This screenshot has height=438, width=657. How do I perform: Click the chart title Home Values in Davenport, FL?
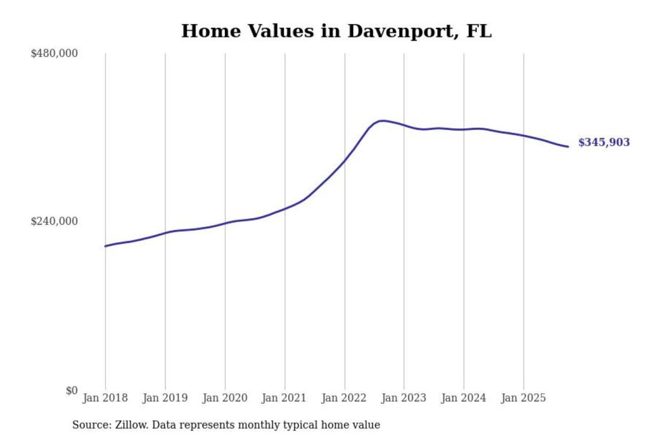[x=336, y=31]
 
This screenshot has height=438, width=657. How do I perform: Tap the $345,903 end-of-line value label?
[x=604, y=142]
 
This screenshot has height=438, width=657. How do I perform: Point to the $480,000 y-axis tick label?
[x=54, y=53]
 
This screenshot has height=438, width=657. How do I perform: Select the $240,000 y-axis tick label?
[x=54, y=221]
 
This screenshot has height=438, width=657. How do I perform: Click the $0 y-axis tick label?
[x=72, y=391]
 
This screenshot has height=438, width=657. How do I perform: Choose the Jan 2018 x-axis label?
[x=105, y=398]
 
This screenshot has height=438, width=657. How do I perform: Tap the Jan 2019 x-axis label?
[x=165, y=398]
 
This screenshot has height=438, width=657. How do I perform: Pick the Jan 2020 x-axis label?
[x=224, y=398]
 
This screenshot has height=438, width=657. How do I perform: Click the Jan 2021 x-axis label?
[x=284, y=398]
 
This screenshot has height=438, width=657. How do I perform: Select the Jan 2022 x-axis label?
[x=344, y=398]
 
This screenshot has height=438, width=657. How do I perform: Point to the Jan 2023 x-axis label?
[x=403, y=398]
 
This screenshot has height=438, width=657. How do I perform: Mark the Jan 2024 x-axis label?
[x=463, y=398]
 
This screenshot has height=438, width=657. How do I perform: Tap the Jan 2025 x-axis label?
[x=523, y=398]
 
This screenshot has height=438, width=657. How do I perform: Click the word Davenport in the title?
[x=403, y=31]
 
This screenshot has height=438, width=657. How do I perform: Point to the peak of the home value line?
[x=382, y=121]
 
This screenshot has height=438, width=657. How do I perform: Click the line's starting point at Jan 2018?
[x=105, y=246]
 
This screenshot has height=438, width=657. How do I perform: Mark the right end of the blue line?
[x=568, y=146]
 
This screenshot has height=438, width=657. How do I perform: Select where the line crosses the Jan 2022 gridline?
[x=345, y=160]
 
